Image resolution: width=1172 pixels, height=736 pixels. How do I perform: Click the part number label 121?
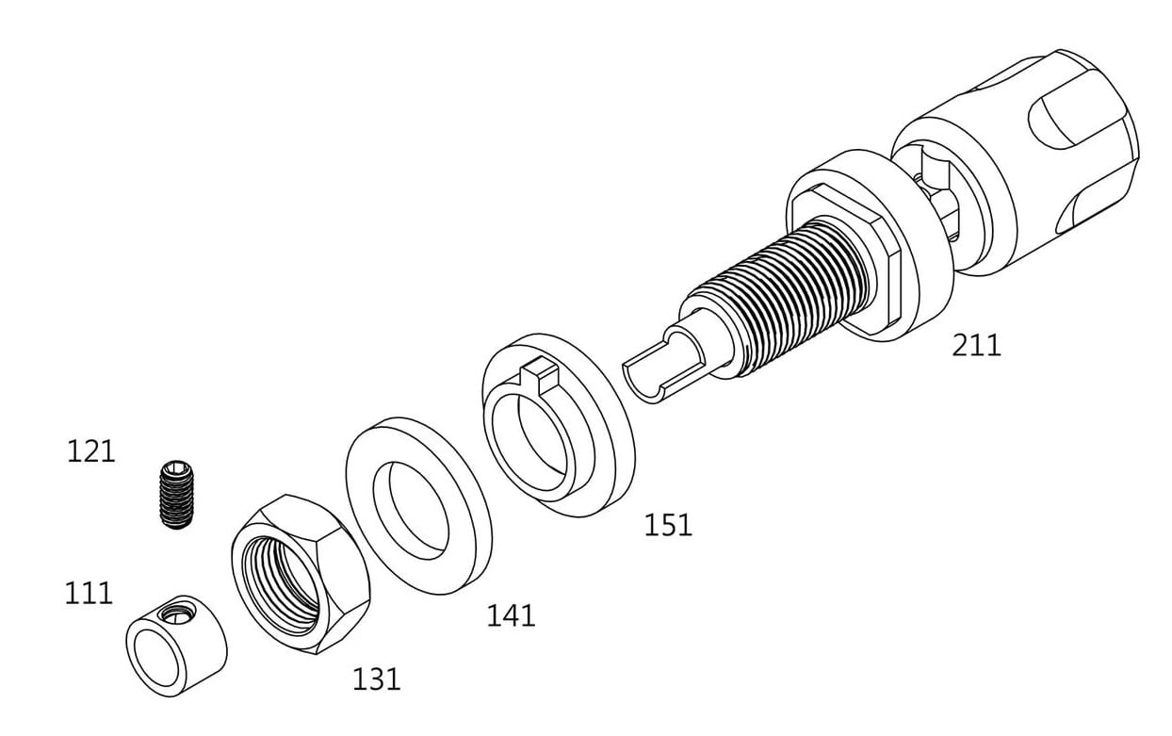coord(91,451)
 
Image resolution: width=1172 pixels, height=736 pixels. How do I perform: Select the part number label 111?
coord(89,594)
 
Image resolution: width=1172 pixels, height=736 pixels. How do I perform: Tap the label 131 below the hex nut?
coord(377,679)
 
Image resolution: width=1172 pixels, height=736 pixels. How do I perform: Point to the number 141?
coord(512,615)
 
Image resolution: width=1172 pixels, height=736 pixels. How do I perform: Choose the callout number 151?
coord(668,526)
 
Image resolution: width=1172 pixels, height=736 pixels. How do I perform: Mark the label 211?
coord(976,346)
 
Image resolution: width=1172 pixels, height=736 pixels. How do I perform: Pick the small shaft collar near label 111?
coord(176,646)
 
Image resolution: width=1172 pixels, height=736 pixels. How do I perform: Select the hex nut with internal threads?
coord(301,574)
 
